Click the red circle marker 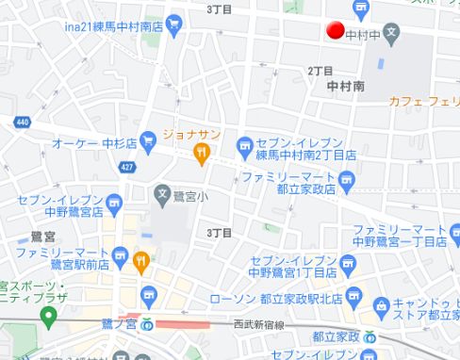click(334, 30)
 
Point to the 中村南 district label click(345, 86)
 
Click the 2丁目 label click(320, 71)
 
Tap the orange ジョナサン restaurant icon click(200, 151)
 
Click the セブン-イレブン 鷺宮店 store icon click(114, 201)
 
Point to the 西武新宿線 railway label click(257, 323)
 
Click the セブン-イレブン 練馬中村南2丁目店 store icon click(244, 146)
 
